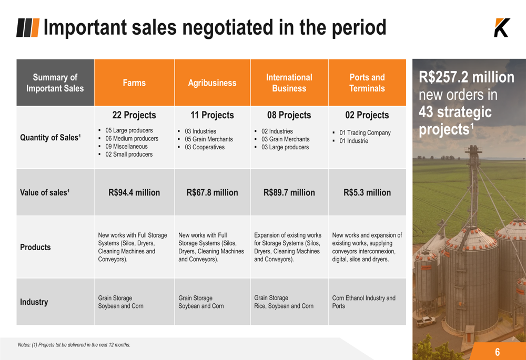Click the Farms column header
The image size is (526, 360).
click(x=134, y=83)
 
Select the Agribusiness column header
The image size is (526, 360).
click(x=212, y=83)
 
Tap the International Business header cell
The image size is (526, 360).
click(x=289, y=83)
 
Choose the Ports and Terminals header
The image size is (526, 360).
click(x=367, y=83)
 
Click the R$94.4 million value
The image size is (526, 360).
click(x=134, y=192)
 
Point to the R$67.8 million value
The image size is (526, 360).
click(x=212, y=192)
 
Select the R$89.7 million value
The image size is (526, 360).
click(x=289, y=192)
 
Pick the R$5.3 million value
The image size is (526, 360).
click(x=367, y=192)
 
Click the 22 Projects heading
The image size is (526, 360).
click(x=134, y=115)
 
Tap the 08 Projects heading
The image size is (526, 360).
click(x=289, y=115)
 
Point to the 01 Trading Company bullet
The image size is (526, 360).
click(x=365, y=133)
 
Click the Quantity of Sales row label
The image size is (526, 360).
click(x=50, y=138)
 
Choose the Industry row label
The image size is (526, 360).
click(x=34, y=302)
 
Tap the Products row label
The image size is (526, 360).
click(x=35, y=247)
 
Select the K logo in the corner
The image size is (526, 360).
click(x=501, y=28)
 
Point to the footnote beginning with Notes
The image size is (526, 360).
click(x=74, y=345)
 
